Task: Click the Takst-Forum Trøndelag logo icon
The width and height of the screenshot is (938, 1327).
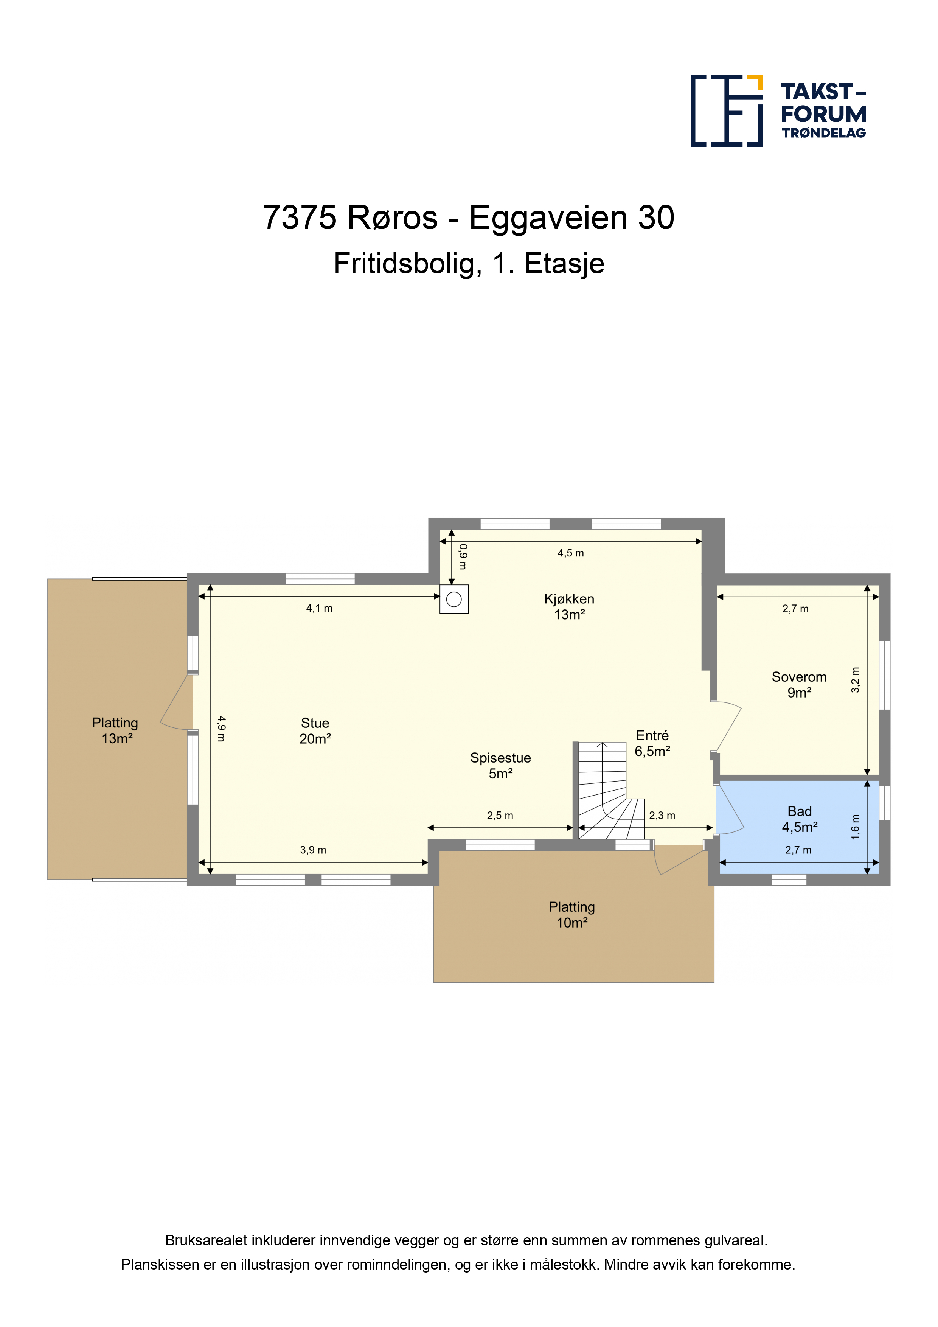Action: (727, 110)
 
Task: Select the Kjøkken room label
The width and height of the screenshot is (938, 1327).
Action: (569, 607)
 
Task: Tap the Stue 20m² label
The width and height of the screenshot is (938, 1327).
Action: (315, 730)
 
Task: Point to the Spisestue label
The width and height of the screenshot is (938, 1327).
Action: (500, 758)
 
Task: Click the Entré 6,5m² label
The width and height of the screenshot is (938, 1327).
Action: (652, 743)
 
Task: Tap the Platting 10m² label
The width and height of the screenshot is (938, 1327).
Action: (572, 915)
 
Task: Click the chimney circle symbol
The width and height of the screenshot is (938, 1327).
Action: (454, 599)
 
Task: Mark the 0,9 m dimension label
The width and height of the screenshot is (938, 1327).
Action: (462, 556)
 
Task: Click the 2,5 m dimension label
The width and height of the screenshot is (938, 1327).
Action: (500, 816)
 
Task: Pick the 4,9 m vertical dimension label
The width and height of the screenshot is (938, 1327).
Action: (221, 729)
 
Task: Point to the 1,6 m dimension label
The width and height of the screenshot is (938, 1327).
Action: (855, 827)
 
